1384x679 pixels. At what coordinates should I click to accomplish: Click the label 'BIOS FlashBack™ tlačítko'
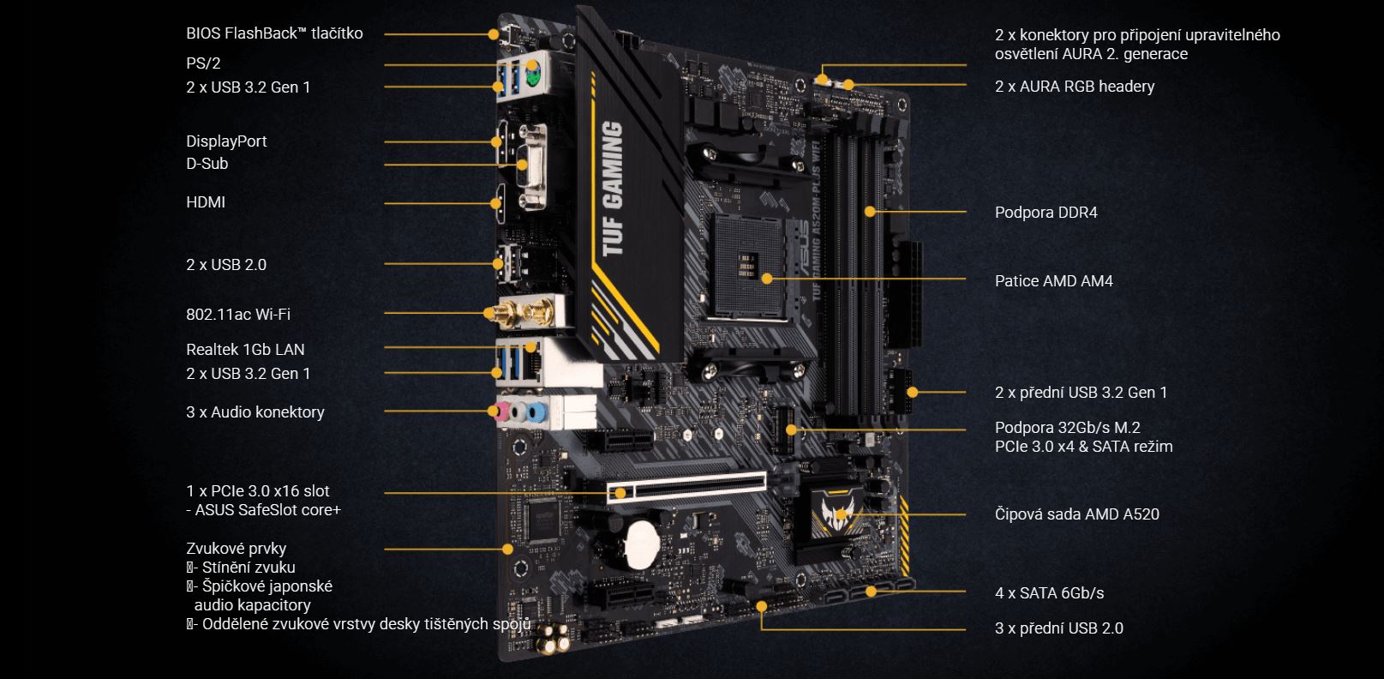click(274, 33)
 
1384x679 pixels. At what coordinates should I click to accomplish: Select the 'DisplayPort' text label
click(226, 141)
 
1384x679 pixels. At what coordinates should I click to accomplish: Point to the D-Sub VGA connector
click(532, 167)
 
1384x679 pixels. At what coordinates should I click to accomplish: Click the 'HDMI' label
click(206, 202)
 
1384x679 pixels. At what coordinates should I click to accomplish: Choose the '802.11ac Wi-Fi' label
click(238, 315)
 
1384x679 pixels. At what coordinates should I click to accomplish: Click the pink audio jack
click(501, 411)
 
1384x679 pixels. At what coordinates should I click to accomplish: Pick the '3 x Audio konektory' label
click(255, 412)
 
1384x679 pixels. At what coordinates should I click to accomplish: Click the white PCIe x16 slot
click(686, 488)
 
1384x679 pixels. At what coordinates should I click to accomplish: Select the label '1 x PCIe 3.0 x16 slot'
click(258, 491)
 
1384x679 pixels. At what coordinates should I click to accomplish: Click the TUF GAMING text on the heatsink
click(612, 189)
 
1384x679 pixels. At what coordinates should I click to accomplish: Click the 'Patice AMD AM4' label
click(1053, 281)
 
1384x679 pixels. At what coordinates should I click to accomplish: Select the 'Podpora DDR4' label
click(1046, 213)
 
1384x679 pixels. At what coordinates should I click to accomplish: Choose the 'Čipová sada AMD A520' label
click(1077, 514)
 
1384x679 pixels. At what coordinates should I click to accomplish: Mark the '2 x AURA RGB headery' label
click(1075, 87)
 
